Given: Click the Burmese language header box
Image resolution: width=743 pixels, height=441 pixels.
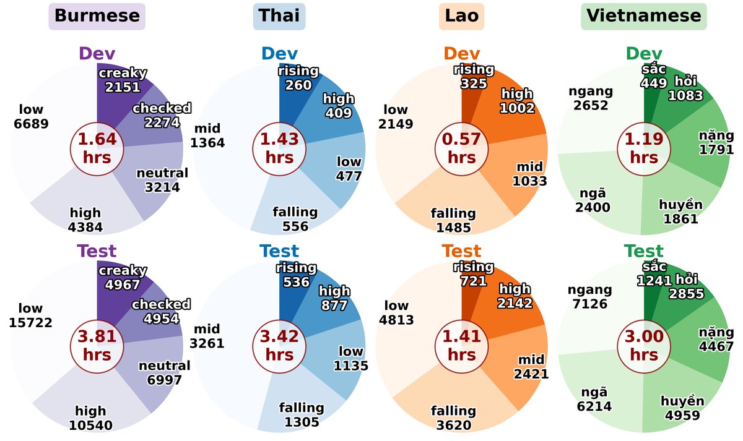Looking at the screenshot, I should click(97, 16).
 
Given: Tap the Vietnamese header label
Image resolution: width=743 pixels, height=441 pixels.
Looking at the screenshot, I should click(644, 16).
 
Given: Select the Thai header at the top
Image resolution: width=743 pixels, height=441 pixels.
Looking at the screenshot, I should click(279, 16).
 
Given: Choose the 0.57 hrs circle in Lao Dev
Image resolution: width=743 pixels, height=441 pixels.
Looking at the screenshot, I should click(461, 148).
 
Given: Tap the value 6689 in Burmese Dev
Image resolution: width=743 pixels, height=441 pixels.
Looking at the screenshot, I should click(31, 124).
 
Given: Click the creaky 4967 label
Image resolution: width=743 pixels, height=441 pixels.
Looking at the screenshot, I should click(123, 278).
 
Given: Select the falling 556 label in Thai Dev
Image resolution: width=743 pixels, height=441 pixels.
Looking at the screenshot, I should click(295, 220).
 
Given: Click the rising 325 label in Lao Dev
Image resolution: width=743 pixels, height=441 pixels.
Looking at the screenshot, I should click(474, 76).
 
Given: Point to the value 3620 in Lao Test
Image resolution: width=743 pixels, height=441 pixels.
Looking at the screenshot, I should click(454, 426).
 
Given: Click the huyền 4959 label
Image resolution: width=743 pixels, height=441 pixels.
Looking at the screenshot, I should click(681, 408).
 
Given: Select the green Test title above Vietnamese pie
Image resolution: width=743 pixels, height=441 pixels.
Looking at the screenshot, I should click(644, 252).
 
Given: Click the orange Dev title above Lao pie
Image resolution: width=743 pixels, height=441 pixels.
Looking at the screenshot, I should click(461, 54).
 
